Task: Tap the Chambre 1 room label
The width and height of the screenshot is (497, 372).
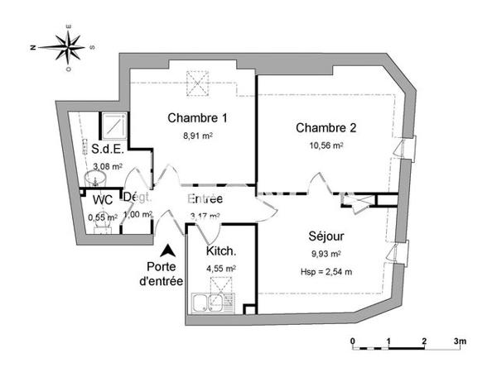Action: (197, 117)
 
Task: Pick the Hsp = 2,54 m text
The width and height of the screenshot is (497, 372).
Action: (326, 271)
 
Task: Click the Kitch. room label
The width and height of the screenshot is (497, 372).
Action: (221, 251)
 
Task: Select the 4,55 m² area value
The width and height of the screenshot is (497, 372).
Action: (220, 268)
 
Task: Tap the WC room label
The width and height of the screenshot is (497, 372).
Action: (103, 200)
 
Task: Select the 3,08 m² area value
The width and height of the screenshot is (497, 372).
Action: (107, 166)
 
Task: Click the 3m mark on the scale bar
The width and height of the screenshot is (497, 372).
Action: (460, 341)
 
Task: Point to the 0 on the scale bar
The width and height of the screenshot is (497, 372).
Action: (353, 341)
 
